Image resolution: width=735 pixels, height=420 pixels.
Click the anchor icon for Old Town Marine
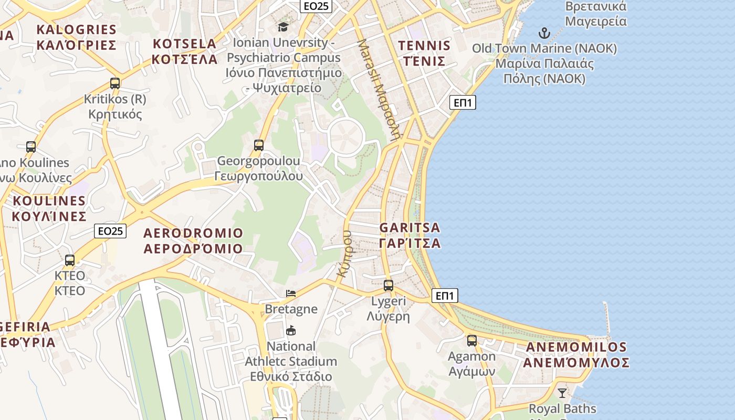(x=544, y=33)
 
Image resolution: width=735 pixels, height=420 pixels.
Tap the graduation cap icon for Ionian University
(x=283, y=27)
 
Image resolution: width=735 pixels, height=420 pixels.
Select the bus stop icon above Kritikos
(x=115, y=83)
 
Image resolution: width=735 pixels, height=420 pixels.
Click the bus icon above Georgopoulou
(x=258, y=145)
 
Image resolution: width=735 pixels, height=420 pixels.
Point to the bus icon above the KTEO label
(x=70, y=260)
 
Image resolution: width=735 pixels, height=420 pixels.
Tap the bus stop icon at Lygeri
(x=388, y=286)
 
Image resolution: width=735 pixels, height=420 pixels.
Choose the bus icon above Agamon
(x=472, y=341)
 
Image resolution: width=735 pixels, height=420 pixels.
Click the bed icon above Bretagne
(x=291, y=293)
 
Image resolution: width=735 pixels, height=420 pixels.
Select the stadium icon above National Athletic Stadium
(x=291, y=331)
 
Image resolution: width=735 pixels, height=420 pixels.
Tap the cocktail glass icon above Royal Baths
(x=562, y=393)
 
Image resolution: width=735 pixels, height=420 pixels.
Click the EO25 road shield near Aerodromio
(x=111, y=230)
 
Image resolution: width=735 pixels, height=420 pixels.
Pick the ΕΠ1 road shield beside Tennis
(x=463, y=102)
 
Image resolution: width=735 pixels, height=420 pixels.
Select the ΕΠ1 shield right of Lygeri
(x=445, y=296)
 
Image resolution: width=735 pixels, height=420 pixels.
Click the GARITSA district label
(x=409, y=235)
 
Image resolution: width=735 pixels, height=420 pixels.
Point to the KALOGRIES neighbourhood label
(x=76, y=37)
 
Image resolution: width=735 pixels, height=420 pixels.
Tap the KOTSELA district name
(x=184, y=51)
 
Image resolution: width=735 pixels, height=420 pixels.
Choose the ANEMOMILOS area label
(x=576, y=354)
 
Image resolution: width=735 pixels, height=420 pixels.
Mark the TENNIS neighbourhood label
(x=424, y=53)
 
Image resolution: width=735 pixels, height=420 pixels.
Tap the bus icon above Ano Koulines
(x=31, y=146)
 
